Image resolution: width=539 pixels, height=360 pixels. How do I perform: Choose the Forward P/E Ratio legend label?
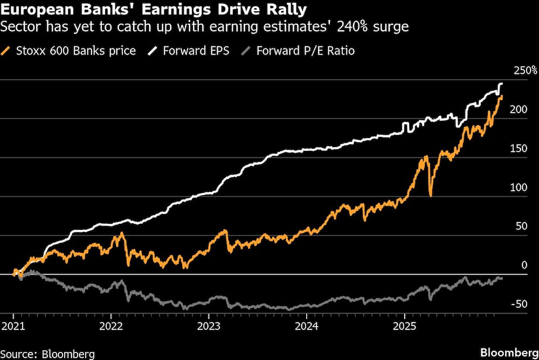(x=305, y=51)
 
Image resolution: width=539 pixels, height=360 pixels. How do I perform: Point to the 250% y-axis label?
(x=524, y=71)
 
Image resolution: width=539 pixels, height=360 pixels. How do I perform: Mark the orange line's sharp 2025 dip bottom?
(x=430, y=195)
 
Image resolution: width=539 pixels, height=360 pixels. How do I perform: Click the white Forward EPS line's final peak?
(x=501, y=84)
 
